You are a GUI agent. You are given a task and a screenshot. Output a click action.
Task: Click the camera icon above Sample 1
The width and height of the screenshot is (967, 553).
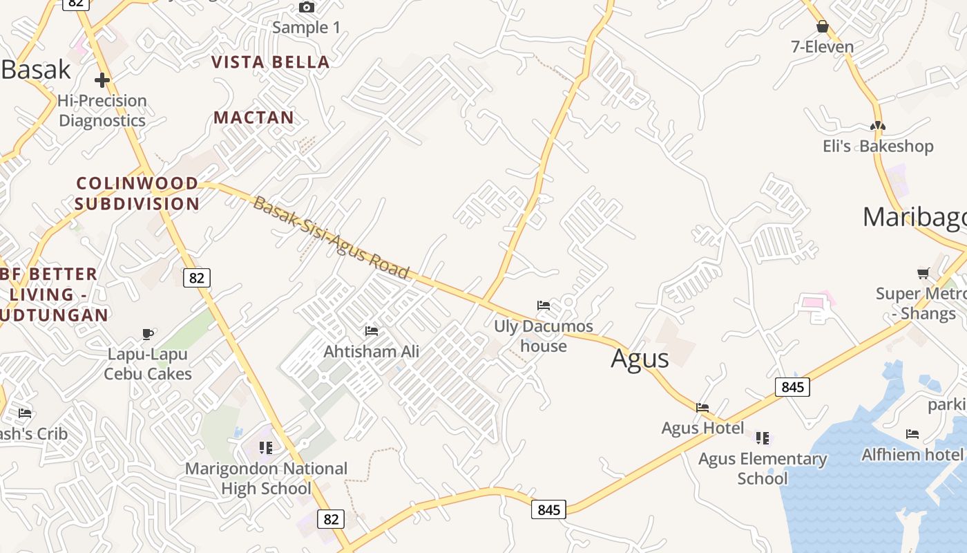click(x=307, y=8)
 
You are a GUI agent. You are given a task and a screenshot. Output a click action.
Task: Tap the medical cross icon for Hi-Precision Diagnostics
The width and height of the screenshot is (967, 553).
click(x=102, y=80)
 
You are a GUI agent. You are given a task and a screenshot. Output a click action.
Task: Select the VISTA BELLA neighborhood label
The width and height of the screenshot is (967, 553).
click(x=270, y=62)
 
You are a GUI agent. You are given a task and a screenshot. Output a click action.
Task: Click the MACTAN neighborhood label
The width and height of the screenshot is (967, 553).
click(x=253, y=118)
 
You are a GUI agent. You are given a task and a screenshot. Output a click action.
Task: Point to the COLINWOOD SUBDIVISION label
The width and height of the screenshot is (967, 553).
click(x=137, y=194)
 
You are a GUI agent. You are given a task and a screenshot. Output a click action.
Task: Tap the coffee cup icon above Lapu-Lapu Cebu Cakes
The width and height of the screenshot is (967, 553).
click(x=148, y=335)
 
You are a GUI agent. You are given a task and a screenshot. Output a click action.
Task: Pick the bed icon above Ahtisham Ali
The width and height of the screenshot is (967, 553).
click(x=372, y=331)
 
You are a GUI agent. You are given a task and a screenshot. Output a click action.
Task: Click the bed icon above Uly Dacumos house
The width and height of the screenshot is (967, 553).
click(x=544, y=305)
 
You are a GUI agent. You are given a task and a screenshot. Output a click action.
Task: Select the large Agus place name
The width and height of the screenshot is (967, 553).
click(x=640, y=359)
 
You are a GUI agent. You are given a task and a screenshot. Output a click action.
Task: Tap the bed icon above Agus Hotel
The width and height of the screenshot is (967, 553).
click(x=702, y=408)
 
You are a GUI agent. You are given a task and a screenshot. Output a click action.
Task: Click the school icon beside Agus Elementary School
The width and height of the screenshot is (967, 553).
click(x=763, y=438)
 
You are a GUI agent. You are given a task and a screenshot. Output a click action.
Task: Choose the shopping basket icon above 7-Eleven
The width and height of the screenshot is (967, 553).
click(x=822, y=27)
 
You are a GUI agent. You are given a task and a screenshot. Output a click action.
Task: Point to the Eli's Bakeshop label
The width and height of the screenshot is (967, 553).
click(x=878, y=147)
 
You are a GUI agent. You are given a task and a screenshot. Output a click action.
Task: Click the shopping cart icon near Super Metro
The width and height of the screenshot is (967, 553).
click(x=923, y=273)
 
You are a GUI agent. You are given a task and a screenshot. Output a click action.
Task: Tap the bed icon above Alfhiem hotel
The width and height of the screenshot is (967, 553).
click(x=912, y=434)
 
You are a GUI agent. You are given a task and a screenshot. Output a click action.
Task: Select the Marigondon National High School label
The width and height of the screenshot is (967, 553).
click(x=266, y=478)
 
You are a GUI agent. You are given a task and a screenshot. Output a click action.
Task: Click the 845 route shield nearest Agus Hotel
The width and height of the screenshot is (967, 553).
click(x=792, y=387)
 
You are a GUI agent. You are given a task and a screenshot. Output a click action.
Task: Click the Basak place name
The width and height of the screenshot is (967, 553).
click(x=36, y=70)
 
